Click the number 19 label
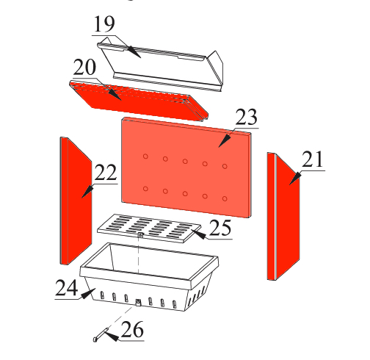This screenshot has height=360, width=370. [104, 24]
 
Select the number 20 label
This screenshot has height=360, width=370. [84, 67]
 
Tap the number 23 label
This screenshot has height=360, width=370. [246, 117]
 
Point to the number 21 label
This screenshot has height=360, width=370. [313, 159]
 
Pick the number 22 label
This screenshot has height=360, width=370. [106, 173]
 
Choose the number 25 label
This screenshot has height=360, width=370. [220, 228]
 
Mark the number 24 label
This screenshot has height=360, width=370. [67, 288]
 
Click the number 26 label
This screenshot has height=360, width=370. [132, 329]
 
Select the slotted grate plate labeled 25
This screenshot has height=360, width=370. [149, 228]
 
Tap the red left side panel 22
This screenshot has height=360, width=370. [76, 201]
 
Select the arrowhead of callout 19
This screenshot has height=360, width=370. [134, 51]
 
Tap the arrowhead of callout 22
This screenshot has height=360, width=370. [87, 192]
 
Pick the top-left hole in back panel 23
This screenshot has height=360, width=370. [145, 156]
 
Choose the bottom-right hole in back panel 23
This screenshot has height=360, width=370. [225, 198]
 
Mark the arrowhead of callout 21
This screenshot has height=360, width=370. [295, 179]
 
